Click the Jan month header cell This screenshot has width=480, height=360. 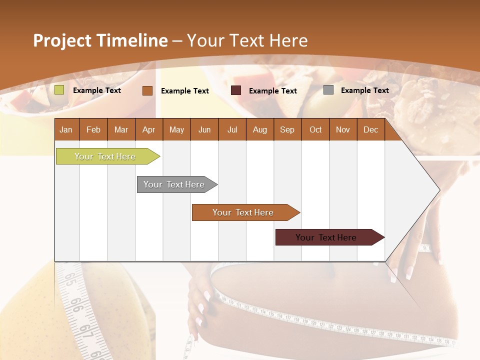pyautogui.click(x=66, y=129)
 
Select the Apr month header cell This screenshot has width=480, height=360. pyautogui.click(x=149, y=129)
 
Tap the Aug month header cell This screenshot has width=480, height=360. pyautogui.click(x=260, y=129)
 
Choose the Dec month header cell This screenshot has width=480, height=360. pyautogui.click(x=371, y=129)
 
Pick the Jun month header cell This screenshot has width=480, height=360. pyautogui.click(x=204, y=129)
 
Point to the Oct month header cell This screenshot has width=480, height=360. pyautogui.click(x=315, y=129)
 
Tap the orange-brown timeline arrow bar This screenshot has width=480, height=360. pyautogui.click(x=243, y=212)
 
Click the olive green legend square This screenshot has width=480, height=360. pyautogui.click(x=59, y=90)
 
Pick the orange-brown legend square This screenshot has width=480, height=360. pyautogui.click(x=147, y=90)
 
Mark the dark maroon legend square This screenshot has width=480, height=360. pyautogui.click(x=236, y=90)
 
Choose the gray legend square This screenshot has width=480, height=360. pyautogui.click(x=328, y=90)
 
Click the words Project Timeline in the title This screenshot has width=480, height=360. pyautogui.click(x=100, y=40)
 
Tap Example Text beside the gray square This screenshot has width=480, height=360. pyautogui.click(x=364, y=90)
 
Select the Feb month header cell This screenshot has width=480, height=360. pyautogui.click(x=93, y=129)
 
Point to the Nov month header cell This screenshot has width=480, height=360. pyautogui.click(x=343, y=129)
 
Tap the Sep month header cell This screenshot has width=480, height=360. pyautogui.click(x=287, y=129)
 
